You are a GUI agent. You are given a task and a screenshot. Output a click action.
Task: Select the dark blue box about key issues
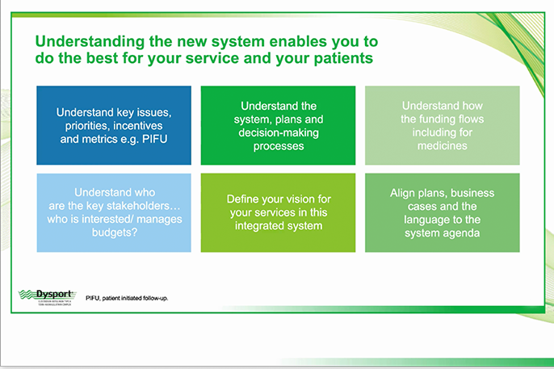pyautogui.click(x=114, y=126)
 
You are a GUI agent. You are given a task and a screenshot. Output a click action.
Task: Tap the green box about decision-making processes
pyautogui.click(x=277, y=126)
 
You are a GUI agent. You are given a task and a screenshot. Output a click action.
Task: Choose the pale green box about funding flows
pyautogui.click(x=442, y=126)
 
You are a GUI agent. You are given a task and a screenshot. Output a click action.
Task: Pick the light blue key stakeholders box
pyautogui.click(x=114, y=212)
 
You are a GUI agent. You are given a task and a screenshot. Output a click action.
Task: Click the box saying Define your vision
pyautogui.click(x=277, y=212)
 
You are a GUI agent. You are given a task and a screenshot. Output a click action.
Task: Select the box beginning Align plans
pyautogui.click(x=442, y=212)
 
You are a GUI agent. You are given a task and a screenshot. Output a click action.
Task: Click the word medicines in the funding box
pyautogui.click(x=442, y=146)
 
